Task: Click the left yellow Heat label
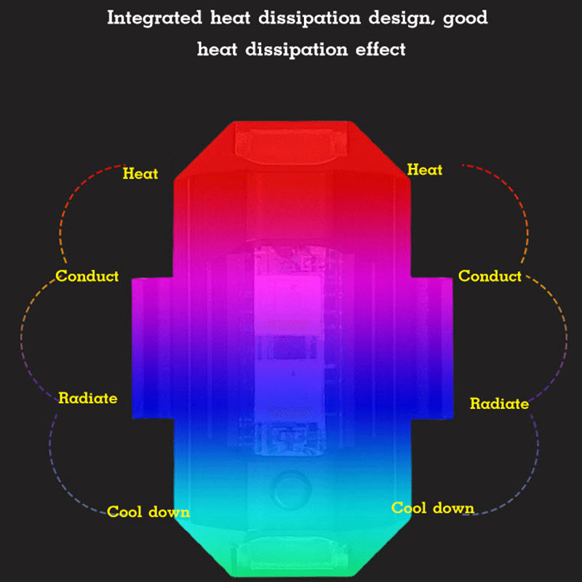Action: coord(140,174)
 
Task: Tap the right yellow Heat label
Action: coord(425,170)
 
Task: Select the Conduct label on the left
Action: coord(87,276)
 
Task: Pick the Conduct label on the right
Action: coord(490,276)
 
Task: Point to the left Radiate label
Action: coord(88,398)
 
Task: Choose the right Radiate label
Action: coord(499,403)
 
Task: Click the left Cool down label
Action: coord(148,511)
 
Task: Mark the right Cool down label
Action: coord(433,508)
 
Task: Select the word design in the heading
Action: coord(391,18)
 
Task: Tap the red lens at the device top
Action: coord(291,144)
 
